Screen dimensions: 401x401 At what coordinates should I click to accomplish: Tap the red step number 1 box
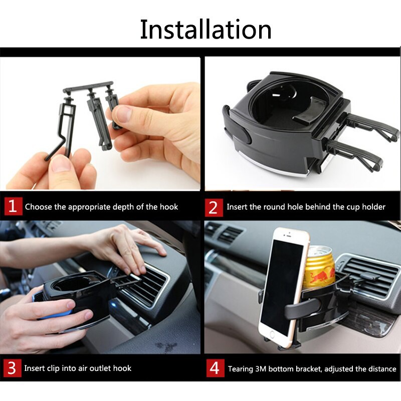[13, 206]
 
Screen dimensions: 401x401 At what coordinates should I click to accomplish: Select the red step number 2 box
[214, 206]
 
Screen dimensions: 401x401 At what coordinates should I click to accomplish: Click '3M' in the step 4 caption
[263, 369]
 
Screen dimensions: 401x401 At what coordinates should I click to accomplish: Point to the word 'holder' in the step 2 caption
[373, 207]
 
